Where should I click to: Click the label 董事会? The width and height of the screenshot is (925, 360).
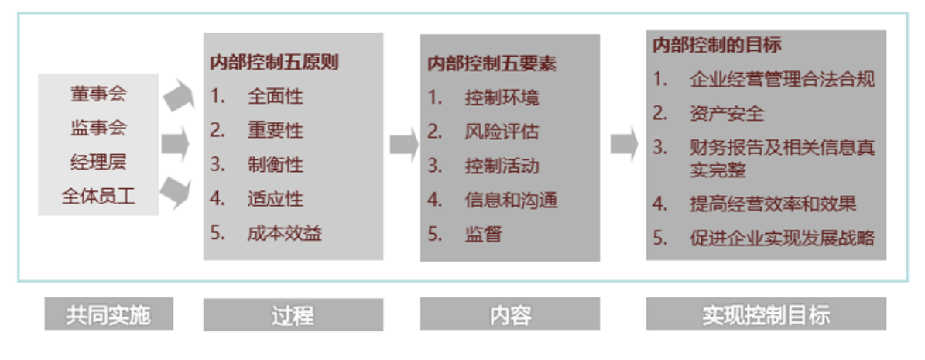tap(98, 94)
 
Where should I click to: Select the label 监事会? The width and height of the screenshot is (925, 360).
tap(98, 128)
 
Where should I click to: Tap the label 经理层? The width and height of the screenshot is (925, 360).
tap(98, 162)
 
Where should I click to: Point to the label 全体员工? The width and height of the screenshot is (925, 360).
tap(98, 196)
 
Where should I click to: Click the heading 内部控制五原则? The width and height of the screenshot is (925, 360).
tap(274, 63)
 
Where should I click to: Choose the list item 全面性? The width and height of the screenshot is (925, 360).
tap(276, 96)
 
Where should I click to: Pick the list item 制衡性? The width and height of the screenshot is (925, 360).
tap(276, 165)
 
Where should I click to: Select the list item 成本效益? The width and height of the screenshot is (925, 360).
tap(285, 234)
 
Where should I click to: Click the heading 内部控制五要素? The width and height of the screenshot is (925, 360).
tap(492, 63)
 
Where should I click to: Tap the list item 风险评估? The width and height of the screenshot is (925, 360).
tap(502, 132)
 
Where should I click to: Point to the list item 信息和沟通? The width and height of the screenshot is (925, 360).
tap(512, 200)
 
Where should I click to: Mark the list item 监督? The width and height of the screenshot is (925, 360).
tap(483, 235)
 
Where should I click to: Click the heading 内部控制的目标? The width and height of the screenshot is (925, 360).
tap(717, 46)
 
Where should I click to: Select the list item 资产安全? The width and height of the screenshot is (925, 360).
tap(727, 113)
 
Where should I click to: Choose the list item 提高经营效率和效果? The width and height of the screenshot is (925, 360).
tap(773, 204)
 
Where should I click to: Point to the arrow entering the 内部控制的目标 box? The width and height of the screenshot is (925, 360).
tap(624, 143)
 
